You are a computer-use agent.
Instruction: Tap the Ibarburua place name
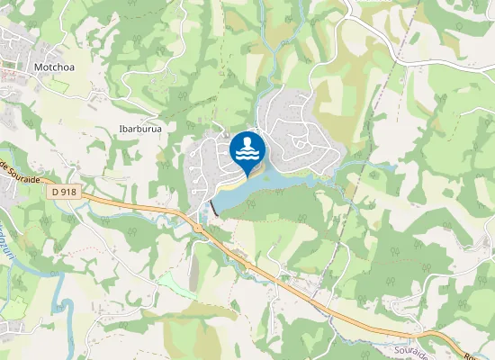point(140,129)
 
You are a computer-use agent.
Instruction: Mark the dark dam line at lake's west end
point(214,208)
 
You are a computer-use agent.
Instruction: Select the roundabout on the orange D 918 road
point(199,227)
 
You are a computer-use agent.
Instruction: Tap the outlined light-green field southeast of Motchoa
point(58,86)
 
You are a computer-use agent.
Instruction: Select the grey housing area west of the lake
point(207,162)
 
